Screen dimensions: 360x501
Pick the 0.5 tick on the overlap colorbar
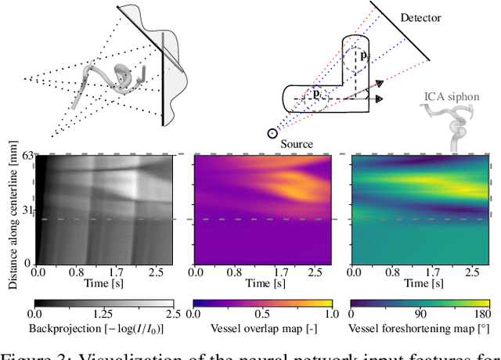263,313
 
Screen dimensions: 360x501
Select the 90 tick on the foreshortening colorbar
420,313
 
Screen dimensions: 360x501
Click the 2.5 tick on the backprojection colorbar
172,313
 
